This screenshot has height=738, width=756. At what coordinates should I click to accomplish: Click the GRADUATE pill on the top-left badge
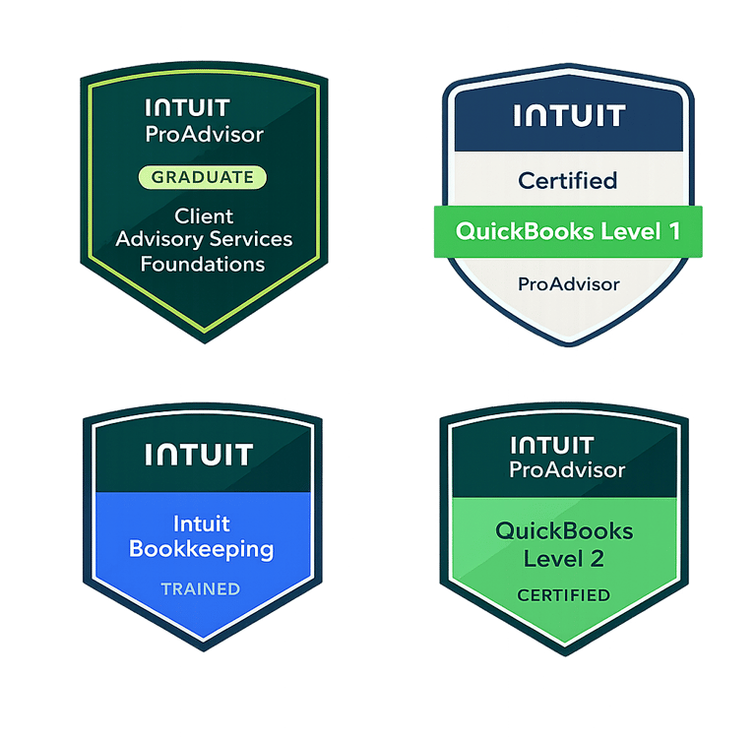(x=204, y=177)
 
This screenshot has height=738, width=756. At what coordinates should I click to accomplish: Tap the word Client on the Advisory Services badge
(x=204, y=215)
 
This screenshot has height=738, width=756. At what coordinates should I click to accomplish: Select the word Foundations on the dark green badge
(x=203, y=264)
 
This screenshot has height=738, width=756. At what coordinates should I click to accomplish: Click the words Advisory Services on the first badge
(x=204, y=239)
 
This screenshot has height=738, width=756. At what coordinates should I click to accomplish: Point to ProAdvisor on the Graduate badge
(x=205, y=134)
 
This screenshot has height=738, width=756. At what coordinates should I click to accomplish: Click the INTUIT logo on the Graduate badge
(x=186, y=107)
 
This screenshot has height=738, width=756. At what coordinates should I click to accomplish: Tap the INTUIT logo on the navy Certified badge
(x=569, y=116)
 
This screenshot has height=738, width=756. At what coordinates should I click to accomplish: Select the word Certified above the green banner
(x=568, y=180)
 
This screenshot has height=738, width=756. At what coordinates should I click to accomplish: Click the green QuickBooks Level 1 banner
(x=567, y=232)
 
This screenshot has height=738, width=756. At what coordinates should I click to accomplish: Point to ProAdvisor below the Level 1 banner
(x=569, y=284)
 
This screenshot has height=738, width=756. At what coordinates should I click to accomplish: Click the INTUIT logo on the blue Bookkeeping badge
(x=199, y=455)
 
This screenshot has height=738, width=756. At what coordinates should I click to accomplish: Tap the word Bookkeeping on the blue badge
(x=201, y=548)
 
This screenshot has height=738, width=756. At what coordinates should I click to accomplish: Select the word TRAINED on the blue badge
(x=201, y=589)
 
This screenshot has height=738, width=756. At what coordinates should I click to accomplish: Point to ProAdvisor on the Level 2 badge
(x=567, y=469)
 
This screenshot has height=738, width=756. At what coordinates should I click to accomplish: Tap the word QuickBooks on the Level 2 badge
(x=564, y=531)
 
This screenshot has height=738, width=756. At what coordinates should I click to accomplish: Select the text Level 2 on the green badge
(x=564, y=559)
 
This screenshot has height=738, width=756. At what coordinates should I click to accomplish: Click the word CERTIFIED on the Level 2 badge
(x=563, y=595)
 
